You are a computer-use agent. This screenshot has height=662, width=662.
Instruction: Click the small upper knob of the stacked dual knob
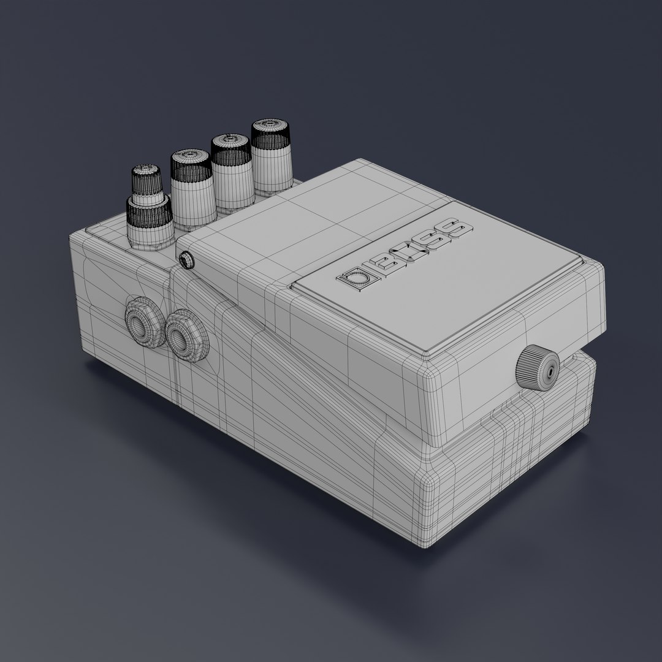(146, 180)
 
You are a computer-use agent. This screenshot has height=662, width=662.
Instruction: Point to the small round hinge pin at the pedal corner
(186, 260)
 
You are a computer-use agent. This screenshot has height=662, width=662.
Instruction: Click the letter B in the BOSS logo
(387, 262)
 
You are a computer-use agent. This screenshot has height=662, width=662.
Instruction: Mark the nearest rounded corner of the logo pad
(428, 354)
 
